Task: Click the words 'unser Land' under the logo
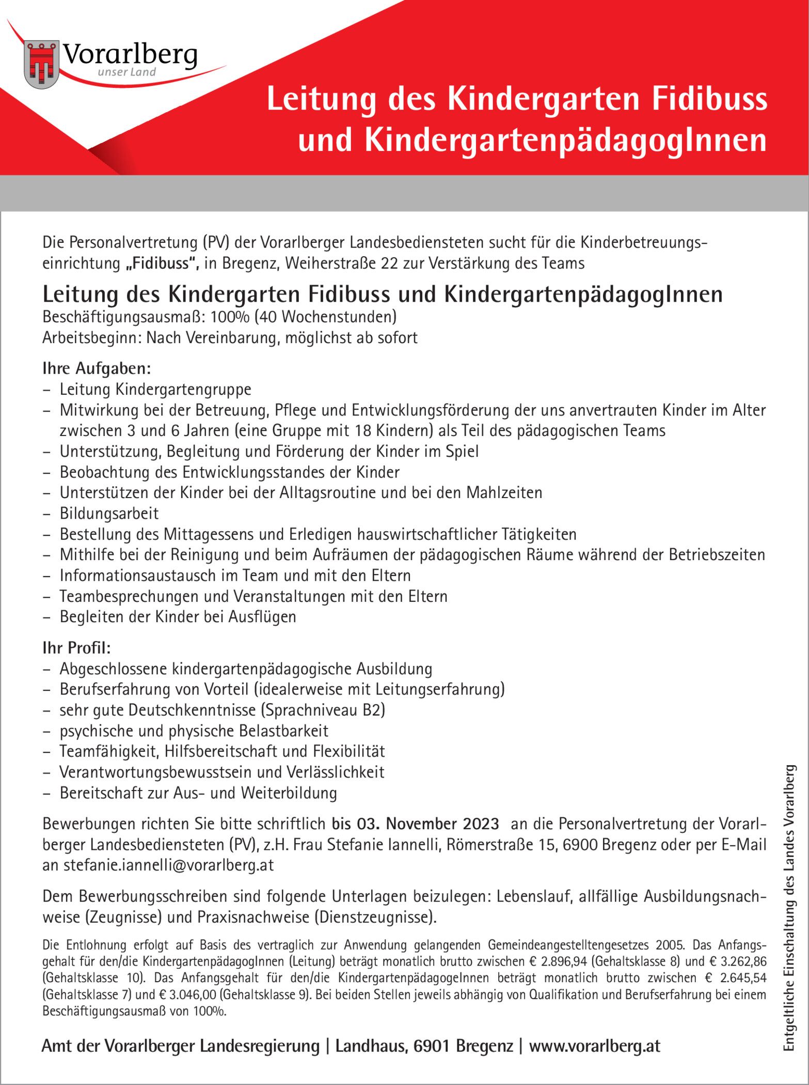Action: [x=126, y=72]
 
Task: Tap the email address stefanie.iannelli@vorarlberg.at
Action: [x=168, y=865]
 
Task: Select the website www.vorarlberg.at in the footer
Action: [x=594, y=1046]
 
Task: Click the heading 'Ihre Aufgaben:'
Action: [x=97, y=368]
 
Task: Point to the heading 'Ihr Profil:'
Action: [x=76, y=647]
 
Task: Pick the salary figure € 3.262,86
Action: [x=736, y=961]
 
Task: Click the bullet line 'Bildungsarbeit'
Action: [x=109, y=513]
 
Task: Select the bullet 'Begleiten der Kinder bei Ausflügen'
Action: [x=178, y=616]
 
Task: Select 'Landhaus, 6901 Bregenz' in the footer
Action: [x=424, y=1046]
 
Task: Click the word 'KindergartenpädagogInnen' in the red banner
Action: [x=565, y=140]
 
